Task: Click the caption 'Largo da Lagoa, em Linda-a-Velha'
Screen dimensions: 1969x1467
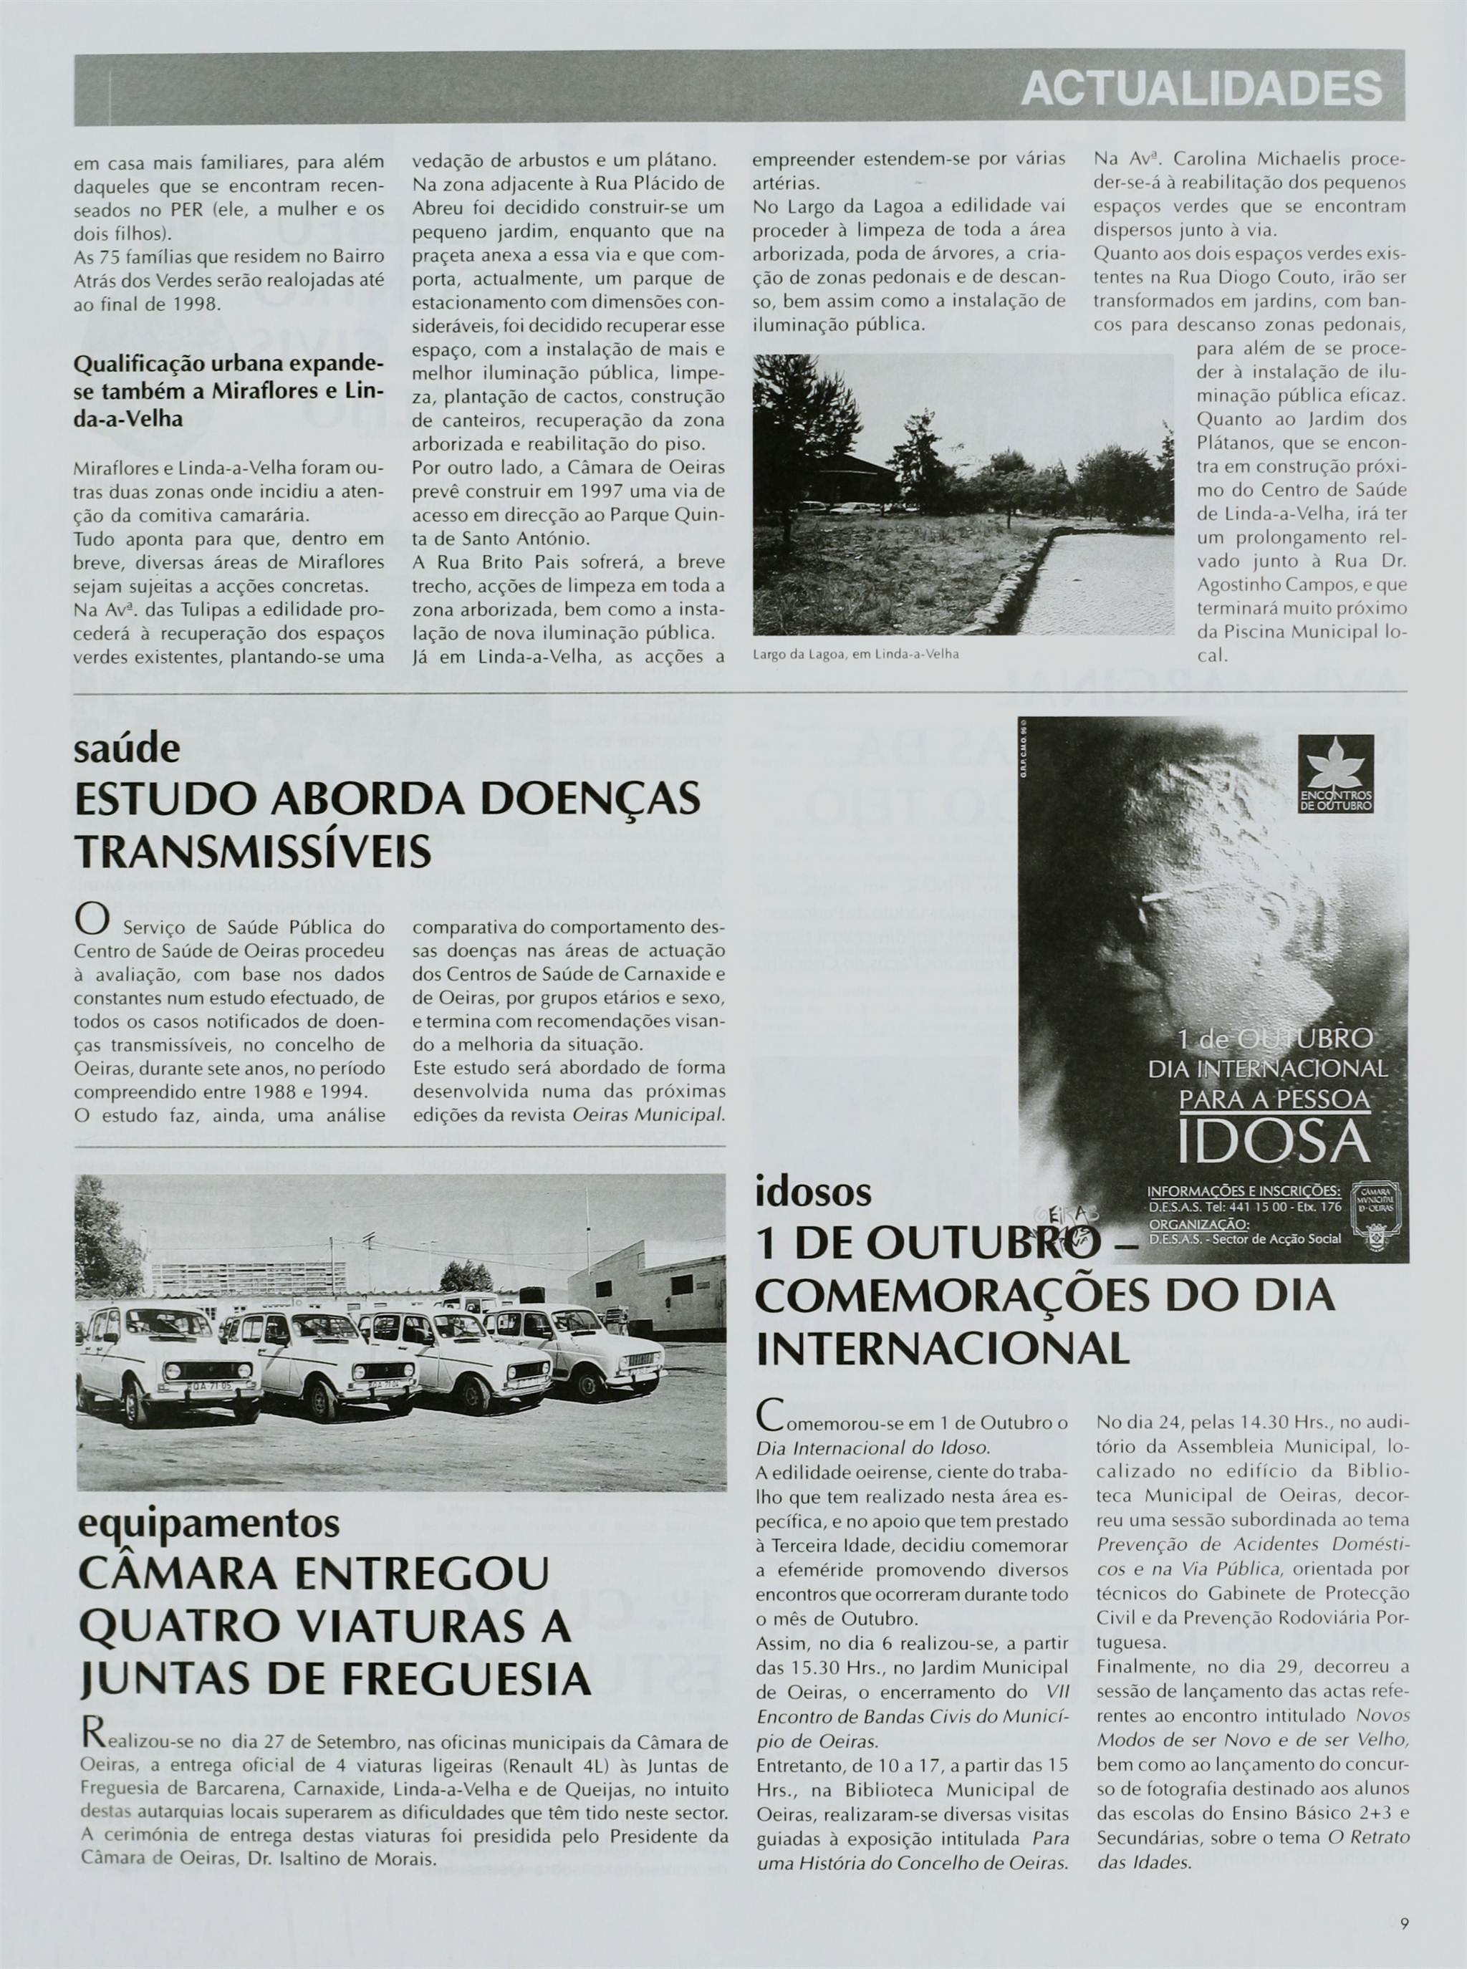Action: (856, 654)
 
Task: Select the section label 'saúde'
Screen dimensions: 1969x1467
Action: (127, 749)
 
